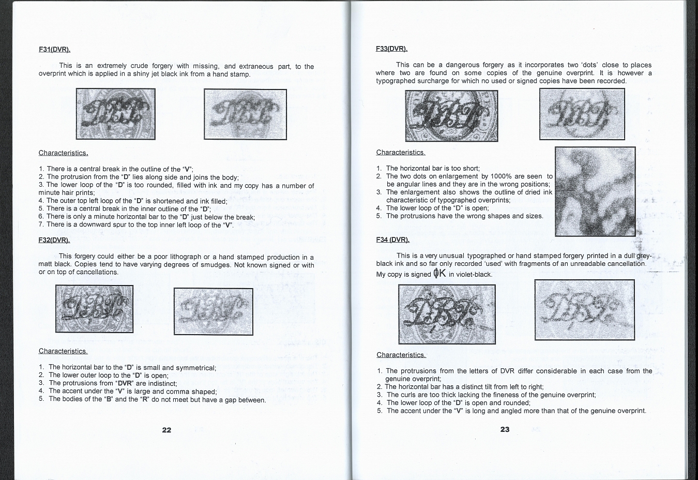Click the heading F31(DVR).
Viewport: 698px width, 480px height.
(54, 50)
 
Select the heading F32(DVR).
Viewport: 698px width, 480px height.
(54, 240)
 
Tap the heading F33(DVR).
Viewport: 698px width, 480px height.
(392, 49)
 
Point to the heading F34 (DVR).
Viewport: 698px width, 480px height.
(392, 239)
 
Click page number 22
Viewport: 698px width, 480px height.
(166, 430)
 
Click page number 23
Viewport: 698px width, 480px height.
(505, 429)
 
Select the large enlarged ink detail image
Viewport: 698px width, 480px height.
(595, 191)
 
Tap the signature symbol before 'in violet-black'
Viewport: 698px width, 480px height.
(439, 273)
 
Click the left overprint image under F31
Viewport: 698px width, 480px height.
(116, 114)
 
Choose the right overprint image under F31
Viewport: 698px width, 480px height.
(245, 114)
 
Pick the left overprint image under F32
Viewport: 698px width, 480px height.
(95, 309)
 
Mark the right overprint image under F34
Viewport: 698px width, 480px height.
(585, 309)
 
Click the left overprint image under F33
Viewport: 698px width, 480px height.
(451, 116)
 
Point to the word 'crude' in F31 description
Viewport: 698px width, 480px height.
(139, 66)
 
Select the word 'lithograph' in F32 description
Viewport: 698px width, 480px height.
(186, 257)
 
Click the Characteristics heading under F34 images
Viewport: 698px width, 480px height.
(401, 355)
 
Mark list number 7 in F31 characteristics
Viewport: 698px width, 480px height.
(41, 224)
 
